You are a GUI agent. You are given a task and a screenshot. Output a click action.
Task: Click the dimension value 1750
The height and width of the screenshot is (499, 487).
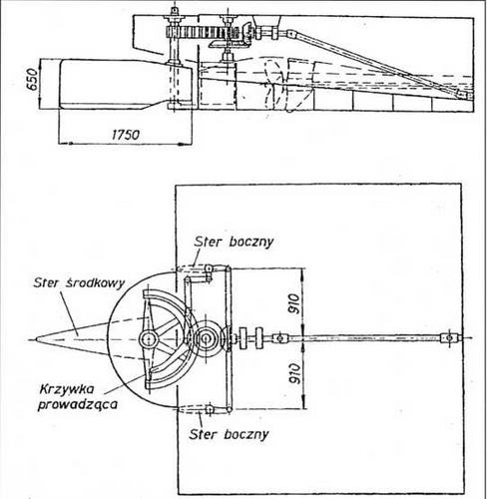[126, 135]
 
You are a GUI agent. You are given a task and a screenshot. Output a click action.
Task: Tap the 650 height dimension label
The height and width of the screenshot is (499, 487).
[32, 80]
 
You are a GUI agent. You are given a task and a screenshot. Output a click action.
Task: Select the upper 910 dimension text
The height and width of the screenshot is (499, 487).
[293, 303]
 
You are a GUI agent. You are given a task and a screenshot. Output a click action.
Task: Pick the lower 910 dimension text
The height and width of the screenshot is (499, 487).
[294, 373]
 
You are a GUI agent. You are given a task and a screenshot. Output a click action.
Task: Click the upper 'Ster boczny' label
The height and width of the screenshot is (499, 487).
[234, 242]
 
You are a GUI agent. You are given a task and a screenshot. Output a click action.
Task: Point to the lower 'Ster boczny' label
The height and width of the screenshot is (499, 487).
[229, 434]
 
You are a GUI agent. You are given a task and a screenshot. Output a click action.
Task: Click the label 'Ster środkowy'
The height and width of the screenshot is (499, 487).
[79, 282]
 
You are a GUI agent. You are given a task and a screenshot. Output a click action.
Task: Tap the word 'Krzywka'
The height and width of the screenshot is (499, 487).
[67, 389]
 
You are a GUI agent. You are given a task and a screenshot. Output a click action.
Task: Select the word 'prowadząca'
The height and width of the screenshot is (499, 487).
[78, 405]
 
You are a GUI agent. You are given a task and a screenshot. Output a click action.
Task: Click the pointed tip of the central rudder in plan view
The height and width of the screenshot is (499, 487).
[36, 339]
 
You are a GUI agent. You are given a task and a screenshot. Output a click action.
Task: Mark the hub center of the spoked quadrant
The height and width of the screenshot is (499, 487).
[148, 339]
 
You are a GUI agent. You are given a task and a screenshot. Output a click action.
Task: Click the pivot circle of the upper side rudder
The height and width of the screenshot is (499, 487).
[210, 267]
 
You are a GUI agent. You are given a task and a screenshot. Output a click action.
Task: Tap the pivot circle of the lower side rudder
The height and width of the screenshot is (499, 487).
[210, 409]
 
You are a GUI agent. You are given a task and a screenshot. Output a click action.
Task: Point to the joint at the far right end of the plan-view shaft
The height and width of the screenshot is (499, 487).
[450, 338]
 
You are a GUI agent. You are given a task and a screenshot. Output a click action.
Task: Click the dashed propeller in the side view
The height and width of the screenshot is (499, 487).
[273, 85]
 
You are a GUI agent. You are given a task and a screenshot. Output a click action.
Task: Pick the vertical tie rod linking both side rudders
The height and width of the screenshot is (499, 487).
[228, 338]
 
